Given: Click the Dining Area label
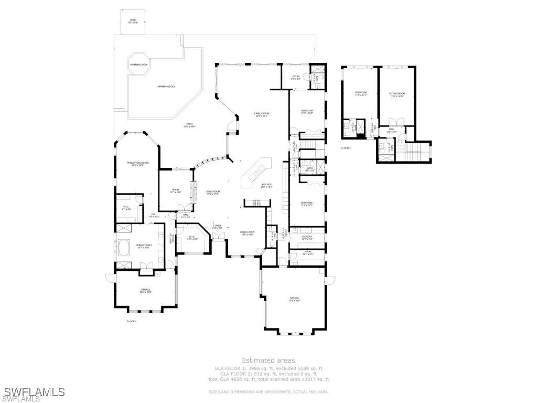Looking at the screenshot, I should [247, 233].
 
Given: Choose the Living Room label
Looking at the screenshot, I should [212, 193].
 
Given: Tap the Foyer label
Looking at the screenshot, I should [217, 227].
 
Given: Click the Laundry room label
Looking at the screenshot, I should [307, 237].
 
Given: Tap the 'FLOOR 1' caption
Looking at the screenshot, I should [132, 321].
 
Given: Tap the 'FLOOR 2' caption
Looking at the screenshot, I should [346, 148].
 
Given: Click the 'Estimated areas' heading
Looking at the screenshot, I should [268, 360].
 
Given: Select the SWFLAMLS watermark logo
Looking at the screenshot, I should [33, 392].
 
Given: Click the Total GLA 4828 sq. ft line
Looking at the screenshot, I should [268, 379].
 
